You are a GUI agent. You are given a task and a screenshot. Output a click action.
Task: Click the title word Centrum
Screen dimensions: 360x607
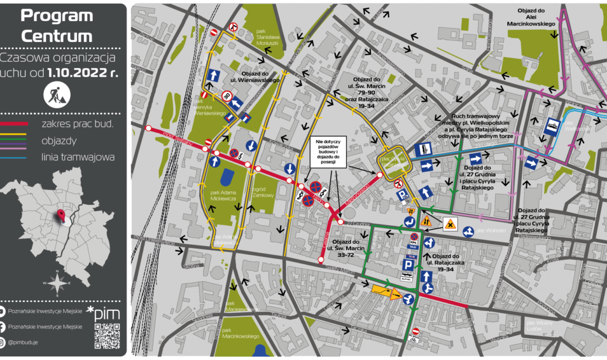tap(57, 36)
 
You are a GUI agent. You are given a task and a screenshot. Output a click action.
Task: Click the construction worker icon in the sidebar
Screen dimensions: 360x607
tap(57, 94)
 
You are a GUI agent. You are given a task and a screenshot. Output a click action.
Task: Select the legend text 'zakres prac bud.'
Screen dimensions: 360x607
tap(78, 123)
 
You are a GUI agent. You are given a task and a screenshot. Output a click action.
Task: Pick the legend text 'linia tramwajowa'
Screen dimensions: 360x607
tap(78, 157)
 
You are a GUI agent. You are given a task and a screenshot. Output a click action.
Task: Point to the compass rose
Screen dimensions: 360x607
tap(58, 283)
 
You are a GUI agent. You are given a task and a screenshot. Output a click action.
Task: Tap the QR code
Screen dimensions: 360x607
tap(107, 336)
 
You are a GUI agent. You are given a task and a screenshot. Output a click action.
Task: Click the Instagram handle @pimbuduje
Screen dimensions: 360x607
tap(24, 342)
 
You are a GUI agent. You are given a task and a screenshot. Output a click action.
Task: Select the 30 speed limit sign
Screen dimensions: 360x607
tap(227, 96)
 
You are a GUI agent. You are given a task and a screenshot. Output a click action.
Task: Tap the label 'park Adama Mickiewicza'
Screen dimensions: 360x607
tap(224, 195)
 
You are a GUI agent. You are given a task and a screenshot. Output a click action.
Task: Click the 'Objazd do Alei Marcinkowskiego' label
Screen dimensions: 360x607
tap(536, 17)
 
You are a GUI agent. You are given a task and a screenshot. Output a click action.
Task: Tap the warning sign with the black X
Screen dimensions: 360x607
tap(450, 224)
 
